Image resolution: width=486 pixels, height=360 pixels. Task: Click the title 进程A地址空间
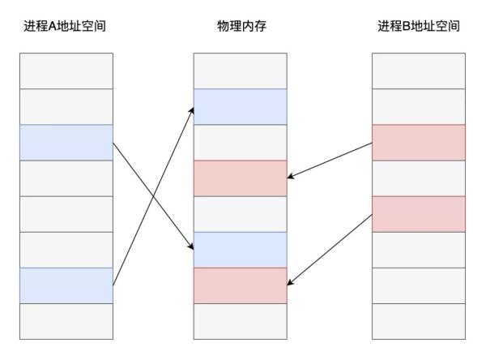[65, 26]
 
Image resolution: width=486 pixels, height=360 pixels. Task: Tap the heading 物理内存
[241, 26]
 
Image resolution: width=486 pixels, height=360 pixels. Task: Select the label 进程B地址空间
[419, 26]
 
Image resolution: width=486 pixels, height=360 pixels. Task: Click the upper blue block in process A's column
[66, 143]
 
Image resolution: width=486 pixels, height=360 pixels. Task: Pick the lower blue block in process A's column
[66, 285]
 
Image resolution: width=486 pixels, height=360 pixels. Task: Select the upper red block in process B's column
[419, 143]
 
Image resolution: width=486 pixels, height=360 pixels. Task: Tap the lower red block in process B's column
[419, 214]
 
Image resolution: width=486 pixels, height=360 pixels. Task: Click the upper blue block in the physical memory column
[241, 107]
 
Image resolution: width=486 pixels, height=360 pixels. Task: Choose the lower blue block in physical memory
[241, 250]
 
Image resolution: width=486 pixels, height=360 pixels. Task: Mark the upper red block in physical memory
[241, 178]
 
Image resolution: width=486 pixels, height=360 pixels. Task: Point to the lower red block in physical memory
[241, 285]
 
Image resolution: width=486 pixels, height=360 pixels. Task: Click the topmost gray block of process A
[66, 71]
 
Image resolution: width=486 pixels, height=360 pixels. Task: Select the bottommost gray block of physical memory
[241, 321]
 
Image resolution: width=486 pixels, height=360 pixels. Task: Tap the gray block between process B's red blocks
[419, 178]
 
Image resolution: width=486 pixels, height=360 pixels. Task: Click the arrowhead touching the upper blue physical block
[192, 111]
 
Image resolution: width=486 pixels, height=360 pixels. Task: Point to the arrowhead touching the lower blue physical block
[191, 246]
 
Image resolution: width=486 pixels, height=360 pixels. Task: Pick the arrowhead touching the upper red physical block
[291, 176]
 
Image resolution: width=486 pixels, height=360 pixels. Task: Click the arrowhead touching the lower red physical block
[290, 282]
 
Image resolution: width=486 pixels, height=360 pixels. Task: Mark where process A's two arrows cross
[153, 196]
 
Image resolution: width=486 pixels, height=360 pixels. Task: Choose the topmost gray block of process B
[419, 71]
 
